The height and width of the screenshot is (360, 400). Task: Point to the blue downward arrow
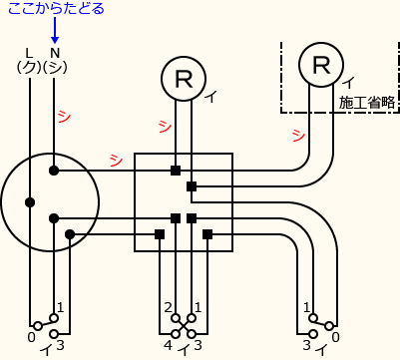[54, 31]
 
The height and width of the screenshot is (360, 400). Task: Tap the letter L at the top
[29, 52]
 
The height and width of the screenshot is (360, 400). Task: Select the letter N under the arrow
[55, 52]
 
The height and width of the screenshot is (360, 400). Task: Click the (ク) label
[28, 67]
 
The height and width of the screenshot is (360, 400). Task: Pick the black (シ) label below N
[56, 67]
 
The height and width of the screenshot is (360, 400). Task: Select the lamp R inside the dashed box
[321, 65]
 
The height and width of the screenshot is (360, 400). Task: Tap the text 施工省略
[367, 102]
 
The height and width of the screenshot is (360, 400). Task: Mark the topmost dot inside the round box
[54, 171]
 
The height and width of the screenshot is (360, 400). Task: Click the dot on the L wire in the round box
[30, 202]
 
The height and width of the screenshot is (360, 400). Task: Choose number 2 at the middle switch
[169, 306]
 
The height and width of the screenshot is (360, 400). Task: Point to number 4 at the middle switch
[168, 345]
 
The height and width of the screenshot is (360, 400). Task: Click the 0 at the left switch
[31, 339]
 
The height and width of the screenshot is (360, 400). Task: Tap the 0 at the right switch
[334, 337]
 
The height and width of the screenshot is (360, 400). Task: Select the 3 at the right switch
[306, 345]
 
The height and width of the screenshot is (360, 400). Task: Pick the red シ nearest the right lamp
[298, 134]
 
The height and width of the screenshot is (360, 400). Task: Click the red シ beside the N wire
[64, 117]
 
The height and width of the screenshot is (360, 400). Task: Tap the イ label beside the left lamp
[210, 97]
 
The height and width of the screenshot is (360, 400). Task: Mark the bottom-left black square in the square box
[160, 234]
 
